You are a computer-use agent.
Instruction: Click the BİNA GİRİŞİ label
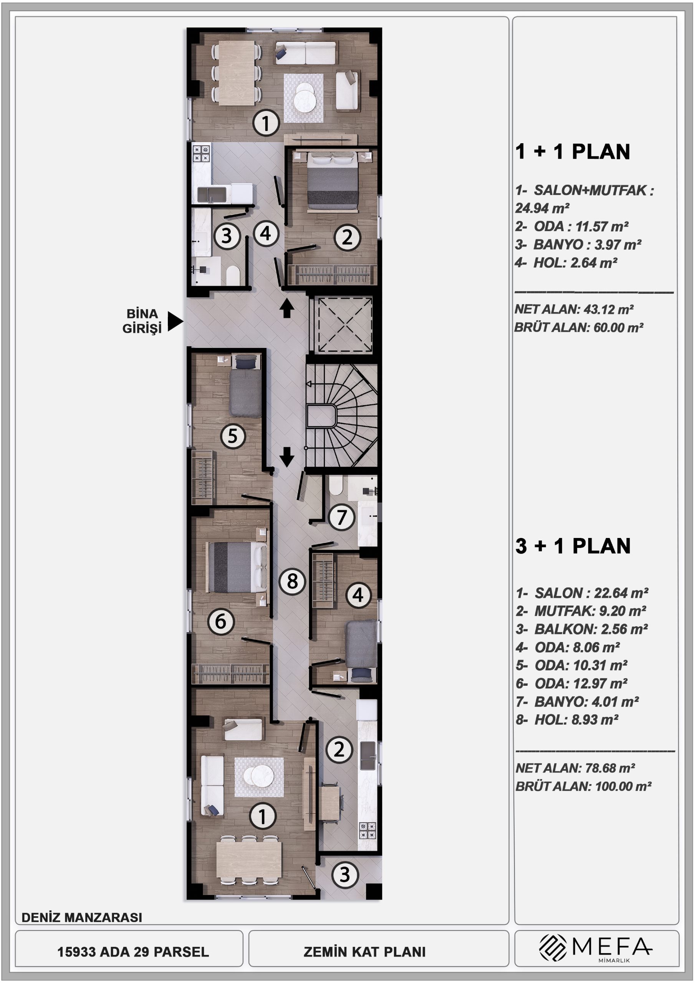pos(142,321)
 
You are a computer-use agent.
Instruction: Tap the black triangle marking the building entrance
pos(175,321)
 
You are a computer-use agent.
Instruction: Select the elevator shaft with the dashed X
pos(344,325)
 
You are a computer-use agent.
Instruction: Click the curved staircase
pos(342,415)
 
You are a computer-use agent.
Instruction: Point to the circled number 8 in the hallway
pos(292,581)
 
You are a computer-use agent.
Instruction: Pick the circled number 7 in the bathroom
pos(341,517)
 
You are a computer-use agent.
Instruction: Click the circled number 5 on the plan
pos(233,436)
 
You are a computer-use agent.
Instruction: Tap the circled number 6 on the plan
pos(220,621)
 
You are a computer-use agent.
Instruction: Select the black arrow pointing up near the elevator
pos(286,308)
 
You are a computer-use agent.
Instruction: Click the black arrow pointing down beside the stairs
pos(286,457)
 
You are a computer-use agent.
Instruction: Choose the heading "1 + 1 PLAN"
pos(573,152)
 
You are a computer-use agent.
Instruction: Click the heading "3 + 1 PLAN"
pos(573,546)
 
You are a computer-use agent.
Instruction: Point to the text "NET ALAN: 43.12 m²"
pos(574,309)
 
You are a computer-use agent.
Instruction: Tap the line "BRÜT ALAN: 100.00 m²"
pos(583,786)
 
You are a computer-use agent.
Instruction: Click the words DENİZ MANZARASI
pos(82,917)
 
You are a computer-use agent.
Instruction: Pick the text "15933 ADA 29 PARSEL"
pos(133,952)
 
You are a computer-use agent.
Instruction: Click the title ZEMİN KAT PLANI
pos(364,952)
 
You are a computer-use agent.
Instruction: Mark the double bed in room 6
pos(237,567)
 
